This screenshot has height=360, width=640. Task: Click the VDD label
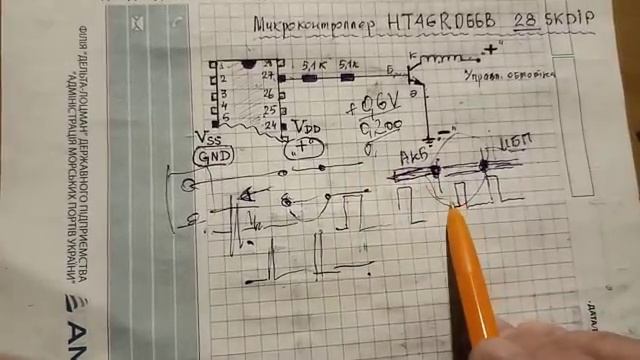click(x=305, y=128)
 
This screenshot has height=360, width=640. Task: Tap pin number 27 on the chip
click(x=267, y=73)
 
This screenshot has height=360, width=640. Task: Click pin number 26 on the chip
click(x=268, y=91)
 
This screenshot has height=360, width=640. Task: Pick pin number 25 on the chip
click(x=268, y=108)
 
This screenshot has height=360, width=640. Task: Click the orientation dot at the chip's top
click(x=248, y=64)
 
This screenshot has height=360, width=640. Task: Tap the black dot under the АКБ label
click(x=435, y=170)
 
